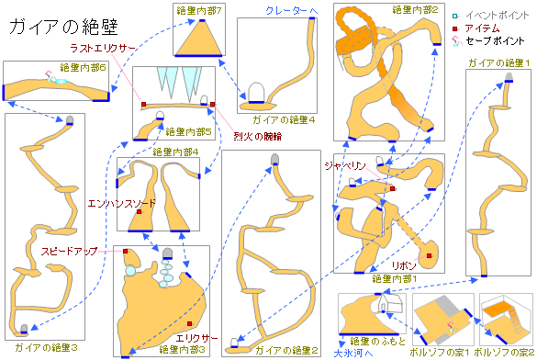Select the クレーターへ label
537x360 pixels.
point(291,9)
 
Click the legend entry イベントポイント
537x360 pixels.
point(495,16)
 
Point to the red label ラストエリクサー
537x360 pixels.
point(95,49)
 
